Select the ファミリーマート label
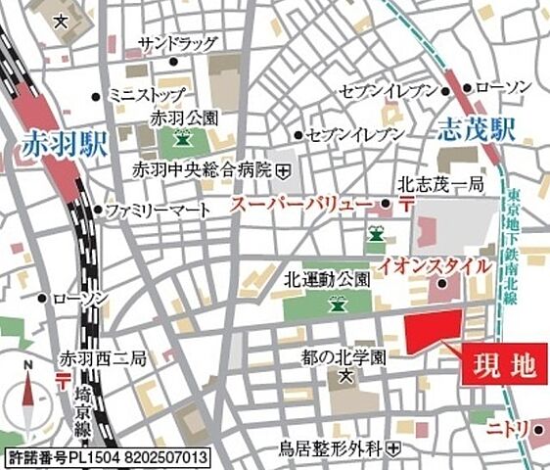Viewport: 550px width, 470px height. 158,211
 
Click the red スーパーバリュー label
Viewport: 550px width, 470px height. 300,205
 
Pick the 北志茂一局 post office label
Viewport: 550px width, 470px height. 440,183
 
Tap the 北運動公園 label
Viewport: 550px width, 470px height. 328,278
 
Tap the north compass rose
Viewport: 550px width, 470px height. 28,396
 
